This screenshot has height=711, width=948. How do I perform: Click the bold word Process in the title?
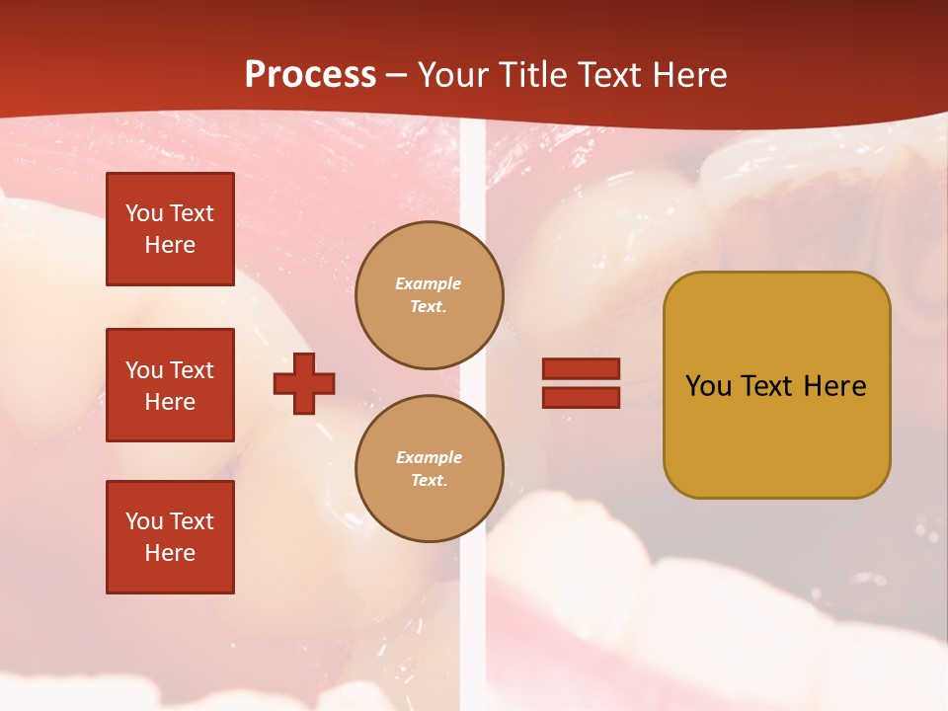310,75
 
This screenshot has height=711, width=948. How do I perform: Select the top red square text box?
170,229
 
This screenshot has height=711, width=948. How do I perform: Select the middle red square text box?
170,385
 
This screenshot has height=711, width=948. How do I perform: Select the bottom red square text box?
170,537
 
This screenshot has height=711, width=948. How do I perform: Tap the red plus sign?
304,383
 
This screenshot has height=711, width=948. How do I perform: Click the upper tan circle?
430,295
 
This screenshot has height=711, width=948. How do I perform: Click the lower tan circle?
430,469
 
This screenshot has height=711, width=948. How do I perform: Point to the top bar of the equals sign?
581,369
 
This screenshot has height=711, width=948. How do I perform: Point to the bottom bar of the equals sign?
581,397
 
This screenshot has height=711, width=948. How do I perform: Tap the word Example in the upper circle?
429,283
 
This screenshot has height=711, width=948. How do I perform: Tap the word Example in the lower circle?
429,457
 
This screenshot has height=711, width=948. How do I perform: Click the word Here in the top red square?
170,245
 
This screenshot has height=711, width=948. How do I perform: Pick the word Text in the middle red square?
192,370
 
